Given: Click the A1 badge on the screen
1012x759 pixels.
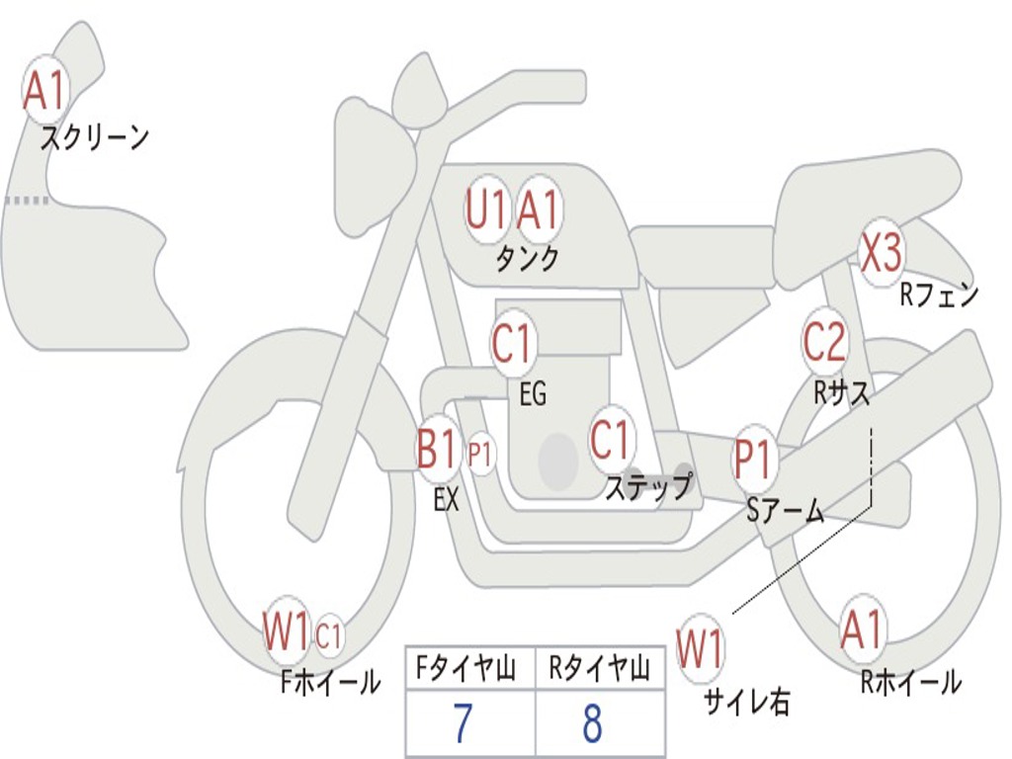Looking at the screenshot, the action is coord(45,90).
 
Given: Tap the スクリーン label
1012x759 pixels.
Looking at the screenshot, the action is coord(95,137).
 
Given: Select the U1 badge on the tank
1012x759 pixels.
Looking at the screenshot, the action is coord(487,211).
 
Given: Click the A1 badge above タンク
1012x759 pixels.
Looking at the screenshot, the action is coord(539,211).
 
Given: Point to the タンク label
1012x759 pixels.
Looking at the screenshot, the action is coord(527,259).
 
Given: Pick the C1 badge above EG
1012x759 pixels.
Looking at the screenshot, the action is coord(512,345).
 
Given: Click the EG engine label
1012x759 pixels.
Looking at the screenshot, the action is coord(533,395).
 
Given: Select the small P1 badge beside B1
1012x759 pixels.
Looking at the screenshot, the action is coord(480,456).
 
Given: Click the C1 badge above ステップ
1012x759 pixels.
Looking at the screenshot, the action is coord(611,439).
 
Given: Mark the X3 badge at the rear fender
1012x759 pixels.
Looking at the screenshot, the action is coord(881,254).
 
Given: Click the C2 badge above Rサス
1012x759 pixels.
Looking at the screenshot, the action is coord(824,342).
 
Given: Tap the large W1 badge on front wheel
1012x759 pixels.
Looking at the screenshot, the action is coord(287,632).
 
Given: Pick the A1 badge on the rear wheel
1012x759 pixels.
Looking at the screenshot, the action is coord(863,630).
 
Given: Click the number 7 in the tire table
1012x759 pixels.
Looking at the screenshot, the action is coord(462,723).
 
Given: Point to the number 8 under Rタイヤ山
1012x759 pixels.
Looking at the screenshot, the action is coord(592,723).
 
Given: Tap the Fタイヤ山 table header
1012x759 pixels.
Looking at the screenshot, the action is coord(464,670).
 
